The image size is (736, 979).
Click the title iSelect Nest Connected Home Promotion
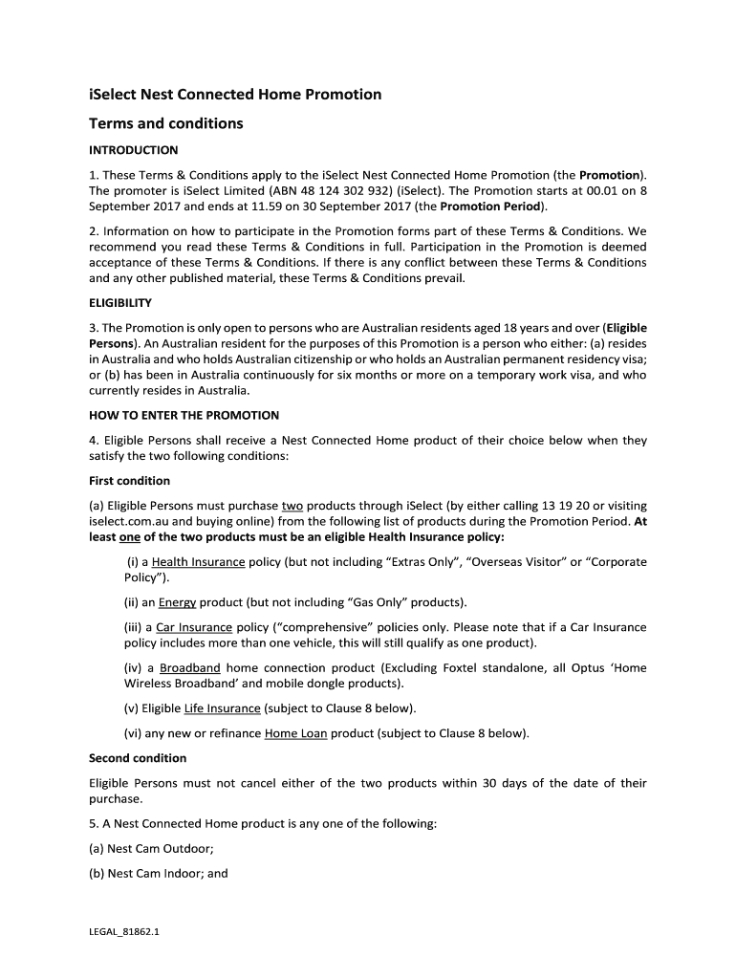click(x=235, y=95)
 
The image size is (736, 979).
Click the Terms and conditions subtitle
click(x=165, y=123)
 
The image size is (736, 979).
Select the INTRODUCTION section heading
click(x=133, y=150)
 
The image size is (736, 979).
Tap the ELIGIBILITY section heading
click(x=120, y=303)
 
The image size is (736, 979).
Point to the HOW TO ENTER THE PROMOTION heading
click(x=184, y=416)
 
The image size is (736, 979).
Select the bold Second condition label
click(x=138, y=758)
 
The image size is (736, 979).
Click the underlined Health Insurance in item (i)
click(x=198, y=562)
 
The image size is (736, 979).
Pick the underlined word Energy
click(x=177, y=602)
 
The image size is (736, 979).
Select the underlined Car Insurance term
click(x=194, y=627)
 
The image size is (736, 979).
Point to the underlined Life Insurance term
click(x=222, y=708)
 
